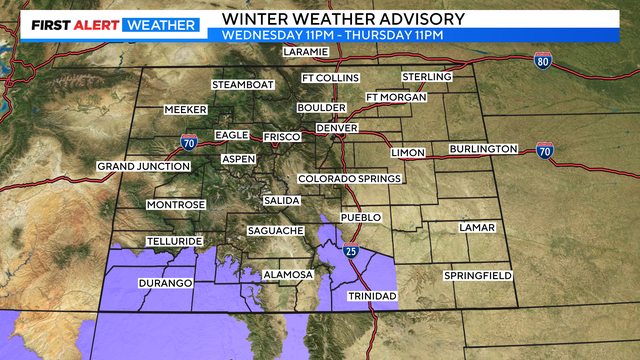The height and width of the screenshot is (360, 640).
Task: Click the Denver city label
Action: [x=336, y=128]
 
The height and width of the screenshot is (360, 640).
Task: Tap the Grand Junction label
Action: [x=143, y=166]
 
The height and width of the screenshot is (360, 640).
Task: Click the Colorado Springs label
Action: [x=349, y=179]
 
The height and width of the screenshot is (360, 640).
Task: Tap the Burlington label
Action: [x=483, y=149]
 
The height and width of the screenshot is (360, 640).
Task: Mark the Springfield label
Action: [x=478, y=275]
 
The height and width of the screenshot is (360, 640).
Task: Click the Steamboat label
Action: [x=241, y=85]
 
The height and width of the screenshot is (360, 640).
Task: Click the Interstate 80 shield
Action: [x=543, y=61]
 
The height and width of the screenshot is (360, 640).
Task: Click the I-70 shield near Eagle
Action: [x=188, y=142]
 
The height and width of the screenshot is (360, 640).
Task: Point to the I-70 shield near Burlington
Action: [x=544, y=152]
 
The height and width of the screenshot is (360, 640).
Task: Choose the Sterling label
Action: [x=427, y=77]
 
